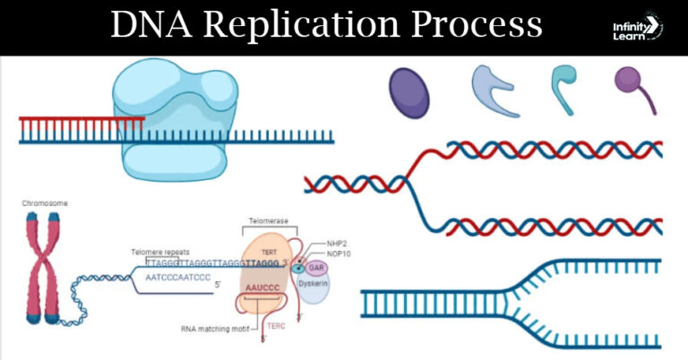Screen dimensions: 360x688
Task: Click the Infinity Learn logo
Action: (x=633, y=27)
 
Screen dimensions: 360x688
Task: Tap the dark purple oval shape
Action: (x=408, y=91)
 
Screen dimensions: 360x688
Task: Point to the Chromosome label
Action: (x=45, y=204)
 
